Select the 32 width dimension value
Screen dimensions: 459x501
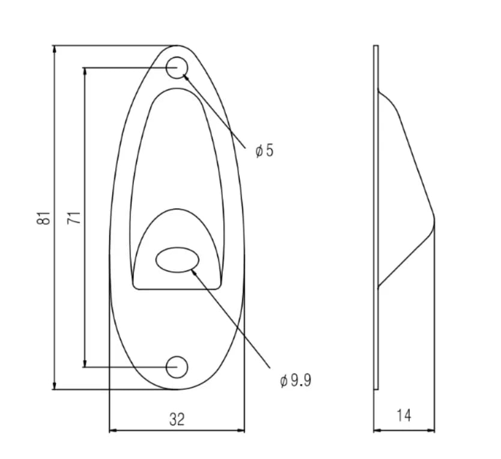tap(176, 419)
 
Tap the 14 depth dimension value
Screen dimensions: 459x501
tap(404, 415)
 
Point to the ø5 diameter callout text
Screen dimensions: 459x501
tap(264, 151)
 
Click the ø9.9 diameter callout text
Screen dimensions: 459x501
tap(295, 380)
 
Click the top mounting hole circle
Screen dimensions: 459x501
tap(177, 68)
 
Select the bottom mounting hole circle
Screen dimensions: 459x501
tap(177, 366)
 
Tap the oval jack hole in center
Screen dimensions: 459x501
tap(178, 260)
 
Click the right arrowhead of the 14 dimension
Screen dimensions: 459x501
tap(431, 430)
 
